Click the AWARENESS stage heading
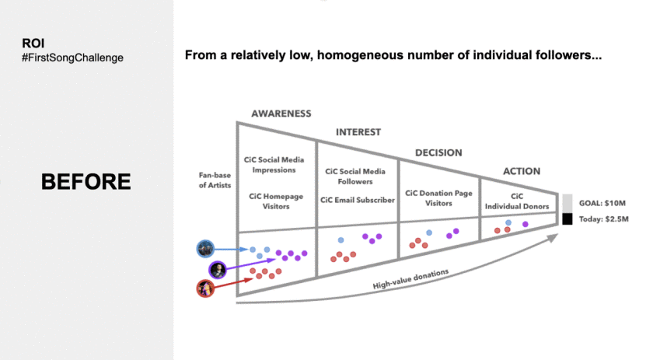(x=281, y=114)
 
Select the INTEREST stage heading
(x=358, y=132)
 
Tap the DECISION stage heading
(x=438, y=152)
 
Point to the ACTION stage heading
(x=521, y=172)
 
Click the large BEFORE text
(x=86, y=182)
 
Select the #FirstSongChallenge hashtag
(x=72, y=58)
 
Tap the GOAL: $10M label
(x=604, y=201)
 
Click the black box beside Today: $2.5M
(x=567, y=219)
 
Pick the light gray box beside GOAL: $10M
(x=567, y=201)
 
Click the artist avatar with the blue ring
(x=205, y=249)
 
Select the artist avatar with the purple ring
(x=218, y=270)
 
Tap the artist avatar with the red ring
(x=205, y=288)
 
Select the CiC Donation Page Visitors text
(x=439, y=197)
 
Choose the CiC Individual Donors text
(x=518, y=201)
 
